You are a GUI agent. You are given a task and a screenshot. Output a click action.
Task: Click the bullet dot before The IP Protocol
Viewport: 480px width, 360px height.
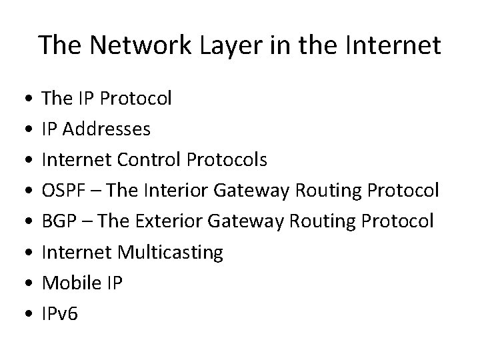pyautogui.click(x=25, y=99)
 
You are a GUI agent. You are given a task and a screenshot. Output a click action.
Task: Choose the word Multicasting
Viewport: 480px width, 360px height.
pyautogui.click(x=170, y=252)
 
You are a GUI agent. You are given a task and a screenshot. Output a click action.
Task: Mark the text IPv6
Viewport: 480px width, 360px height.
pyautogui.click(x=60, y=313)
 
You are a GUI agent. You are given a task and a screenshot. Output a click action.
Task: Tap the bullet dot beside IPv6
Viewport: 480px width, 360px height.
pyautogui.click(x=25, y=313)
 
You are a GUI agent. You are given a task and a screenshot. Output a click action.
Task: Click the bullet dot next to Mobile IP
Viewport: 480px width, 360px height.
pyautogui.click(x=25, y=283)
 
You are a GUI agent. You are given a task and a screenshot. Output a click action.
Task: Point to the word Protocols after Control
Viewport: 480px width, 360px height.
pyautogui.click(x=227, y=160)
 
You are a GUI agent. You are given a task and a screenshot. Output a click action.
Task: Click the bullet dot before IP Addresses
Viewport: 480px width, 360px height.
pyautogui.click(x=25, y=129)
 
